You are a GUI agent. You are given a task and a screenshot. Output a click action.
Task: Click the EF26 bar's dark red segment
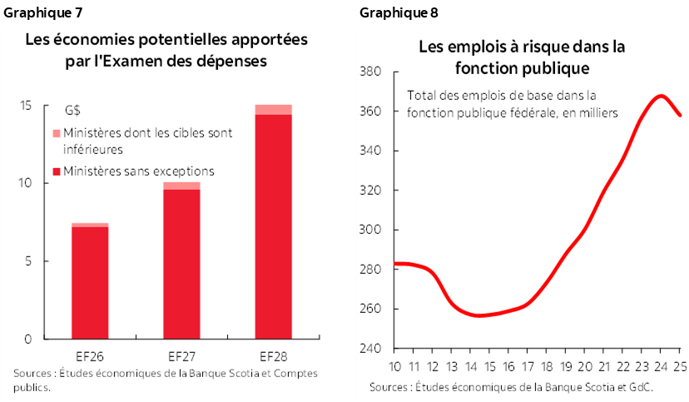tap(89, 283)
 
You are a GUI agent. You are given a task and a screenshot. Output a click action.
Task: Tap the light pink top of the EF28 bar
tap(273, 109)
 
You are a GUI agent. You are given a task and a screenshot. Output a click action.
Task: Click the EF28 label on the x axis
tap(273, 355)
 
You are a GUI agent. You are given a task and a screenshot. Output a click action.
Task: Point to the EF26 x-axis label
tap(89, 355)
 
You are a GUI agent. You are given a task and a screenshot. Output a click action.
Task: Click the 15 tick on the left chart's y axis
tap(26, 105)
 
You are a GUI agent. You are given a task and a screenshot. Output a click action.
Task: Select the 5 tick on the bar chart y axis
tap(28, 261)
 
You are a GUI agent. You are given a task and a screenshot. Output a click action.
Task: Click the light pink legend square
tap(56, 133)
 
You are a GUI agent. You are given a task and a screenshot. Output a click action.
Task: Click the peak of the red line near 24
tap(661, 96)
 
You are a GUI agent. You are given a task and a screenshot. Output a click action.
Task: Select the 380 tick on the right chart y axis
tap(371, 72)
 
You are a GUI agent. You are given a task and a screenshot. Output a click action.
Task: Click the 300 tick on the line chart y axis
tap(371, 230)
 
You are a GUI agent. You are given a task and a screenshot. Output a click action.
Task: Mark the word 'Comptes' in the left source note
tap(295, 374)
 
